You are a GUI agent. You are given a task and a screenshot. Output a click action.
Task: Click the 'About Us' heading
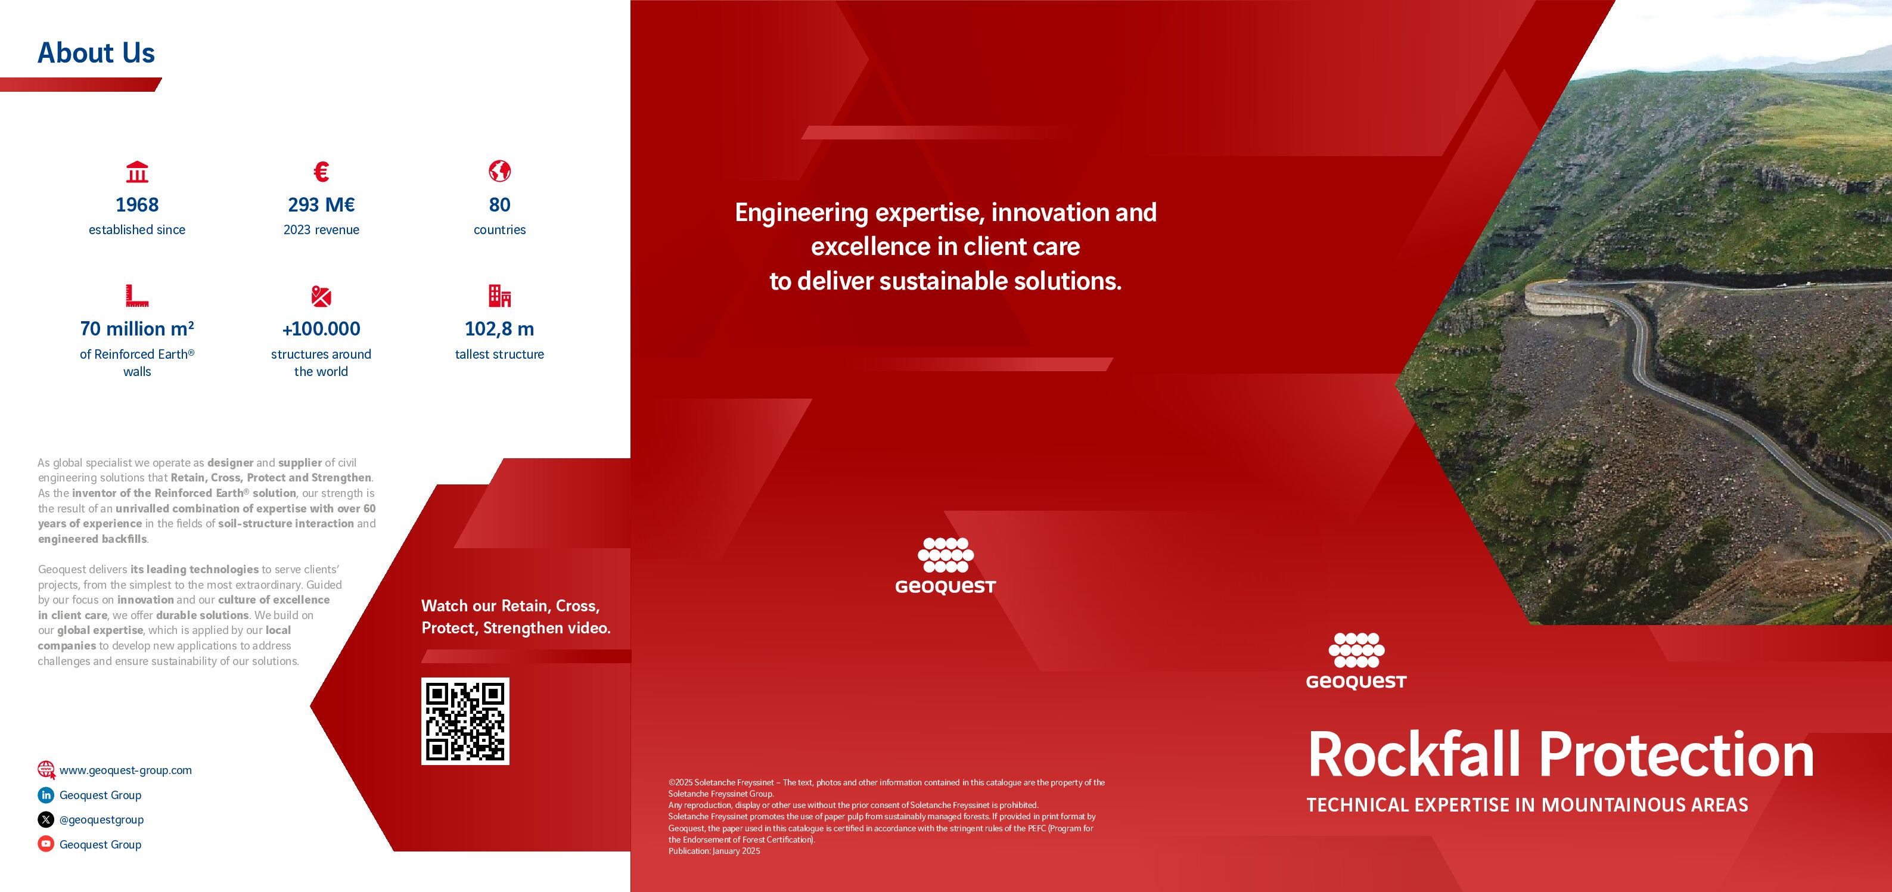click(x=96, y=53)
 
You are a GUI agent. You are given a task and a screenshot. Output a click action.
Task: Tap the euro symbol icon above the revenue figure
click(x=321, y=172)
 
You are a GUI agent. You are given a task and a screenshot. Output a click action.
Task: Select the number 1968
click(x=137, y=205)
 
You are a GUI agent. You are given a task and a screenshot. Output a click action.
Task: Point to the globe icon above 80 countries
click(x=499, y=171)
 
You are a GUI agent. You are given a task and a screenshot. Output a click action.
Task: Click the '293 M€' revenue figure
click(x=321, y=205)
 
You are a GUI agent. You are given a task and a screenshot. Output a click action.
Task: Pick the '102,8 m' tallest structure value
click(x=499, y=329)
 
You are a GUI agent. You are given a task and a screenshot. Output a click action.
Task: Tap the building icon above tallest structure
click(x=499, y=296)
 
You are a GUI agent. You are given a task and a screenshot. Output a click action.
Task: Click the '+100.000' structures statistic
click(x=321, y=329)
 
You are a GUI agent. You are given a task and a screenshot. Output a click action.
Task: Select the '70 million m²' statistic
click(x=137, y=328)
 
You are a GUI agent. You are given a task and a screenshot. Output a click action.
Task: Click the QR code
click(x=465, y=721)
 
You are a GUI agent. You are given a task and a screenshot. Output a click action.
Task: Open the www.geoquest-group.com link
click(x=126, y=770)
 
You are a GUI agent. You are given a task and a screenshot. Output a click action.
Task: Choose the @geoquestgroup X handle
click(x=101, y=819)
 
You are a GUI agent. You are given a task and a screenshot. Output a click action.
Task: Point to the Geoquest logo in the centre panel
click(x=945, y=565)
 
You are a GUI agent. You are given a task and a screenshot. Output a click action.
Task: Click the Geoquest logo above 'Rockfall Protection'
click(x=1356, y=661)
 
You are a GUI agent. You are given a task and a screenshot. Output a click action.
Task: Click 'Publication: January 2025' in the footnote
click(x=714, y=851)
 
